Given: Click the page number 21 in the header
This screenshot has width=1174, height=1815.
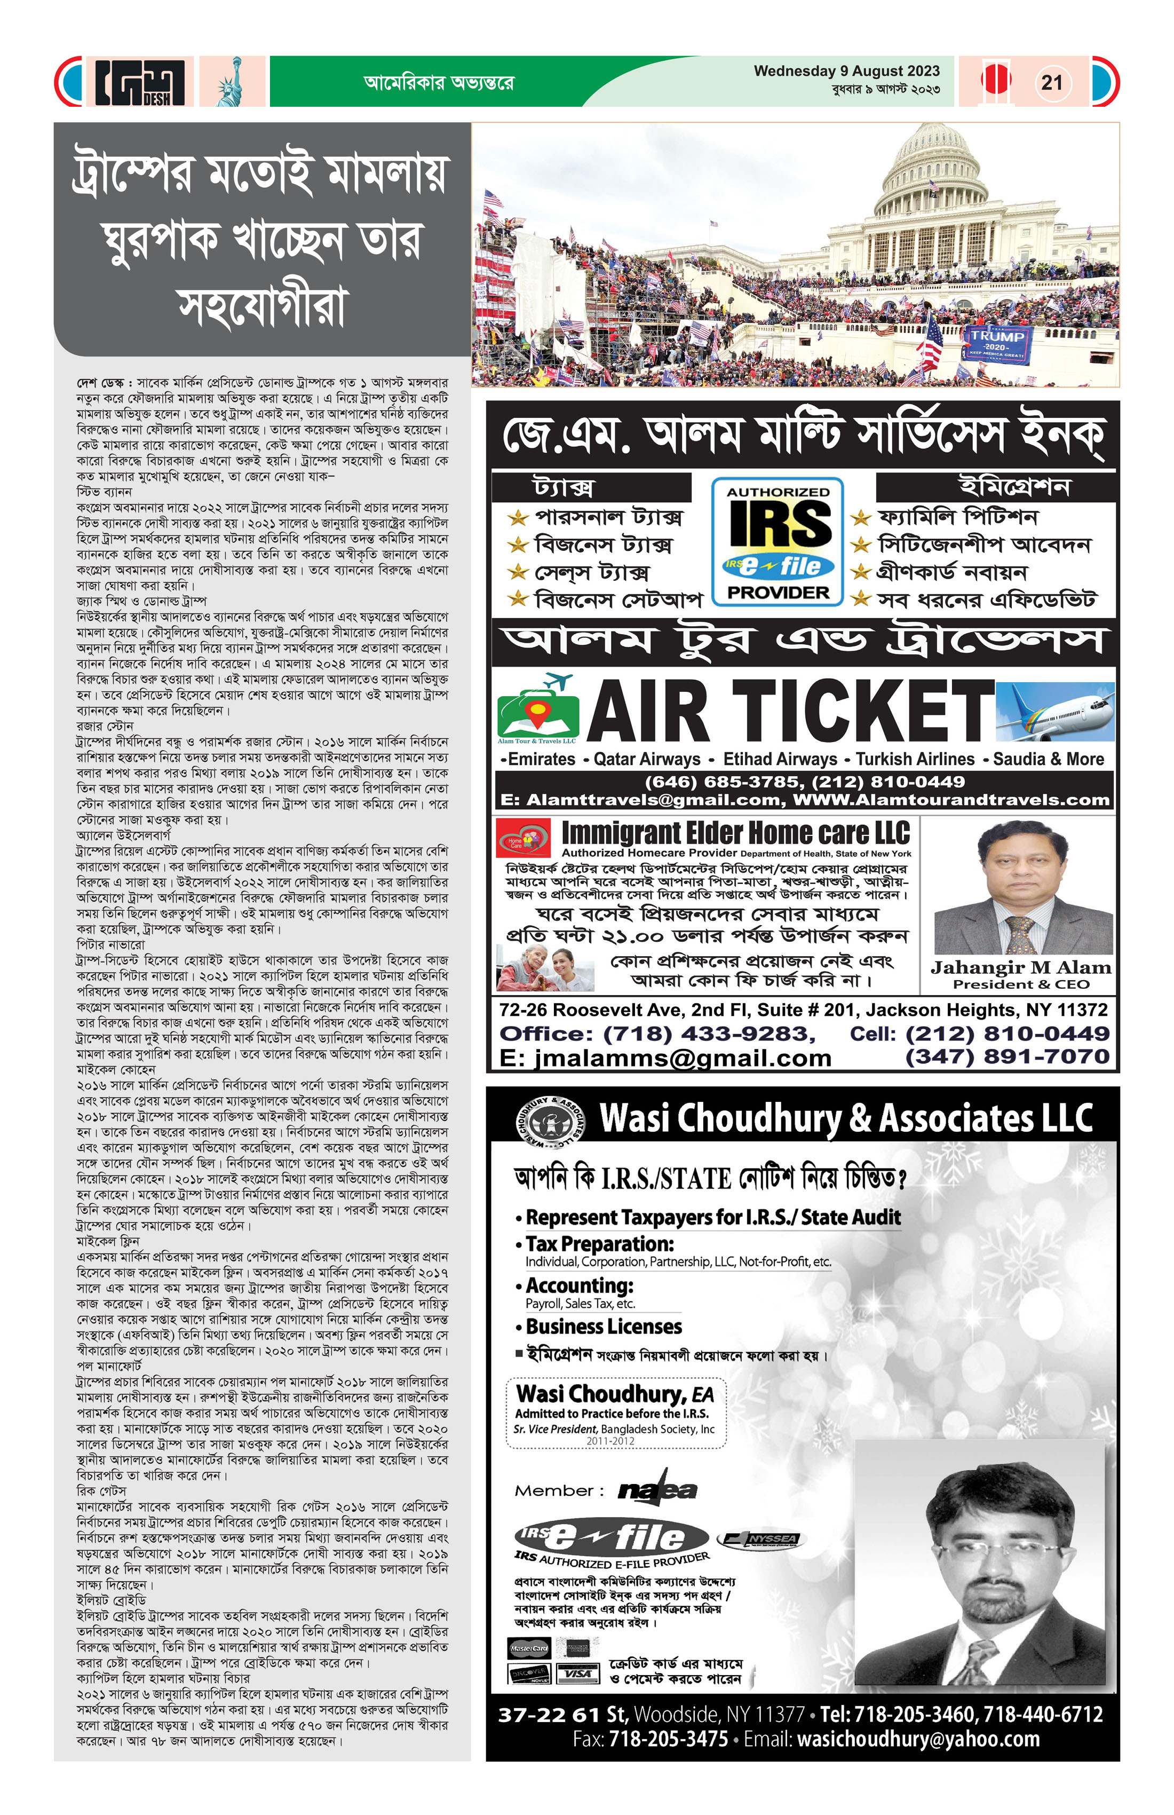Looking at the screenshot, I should click(x=1052, y=82).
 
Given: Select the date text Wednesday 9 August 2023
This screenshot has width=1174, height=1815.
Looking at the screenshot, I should click(x=846, y=71).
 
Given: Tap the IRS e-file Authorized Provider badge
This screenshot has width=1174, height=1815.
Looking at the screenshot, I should click(x=778, y=541).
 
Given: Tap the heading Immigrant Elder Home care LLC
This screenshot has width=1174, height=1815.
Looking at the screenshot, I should click(x=736, y=832).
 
